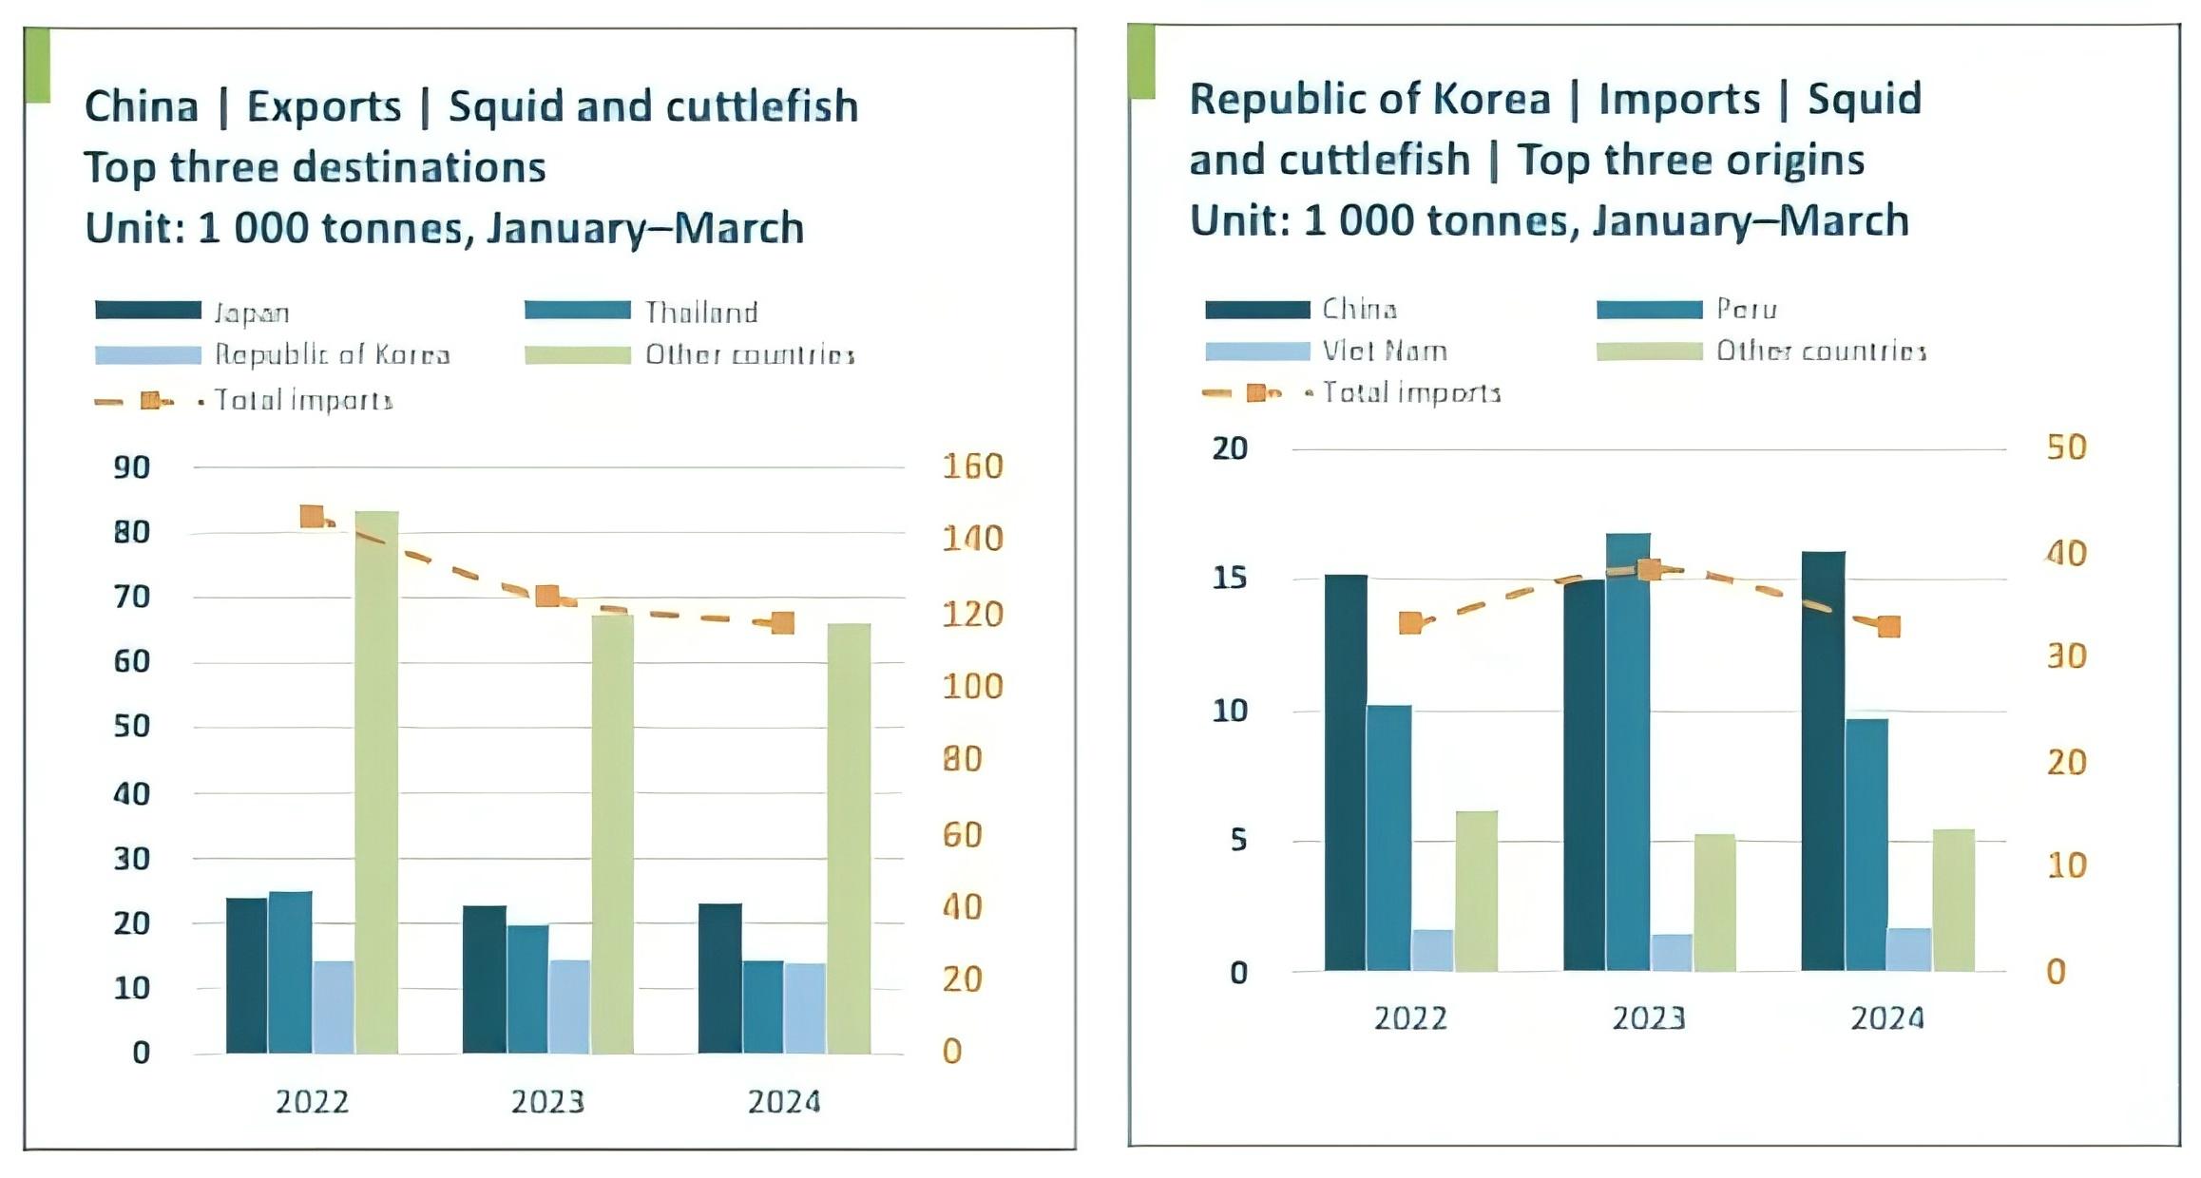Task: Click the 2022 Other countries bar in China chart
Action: [376, 783]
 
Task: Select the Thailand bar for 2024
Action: [762, 1007]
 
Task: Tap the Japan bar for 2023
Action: [484, 979]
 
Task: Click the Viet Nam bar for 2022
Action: [1432, 950]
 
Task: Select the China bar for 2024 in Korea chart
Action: [1823, 761]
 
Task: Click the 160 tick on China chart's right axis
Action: [971, 466]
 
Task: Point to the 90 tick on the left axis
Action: [132, 467]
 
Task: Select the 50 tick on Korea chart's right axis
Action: [2066, 447]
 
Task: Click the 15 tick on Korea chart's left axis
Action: [1229, 578]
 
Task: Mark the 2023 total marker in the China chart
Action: [547, 596]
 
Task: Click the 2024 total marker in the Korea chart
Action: [1888, 626]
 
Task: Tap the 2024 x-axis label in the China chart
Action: [783, 1101]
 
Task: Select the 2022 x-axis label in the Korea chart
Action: [1410, 1018]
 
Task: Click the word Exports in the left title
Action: [324, 106]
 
